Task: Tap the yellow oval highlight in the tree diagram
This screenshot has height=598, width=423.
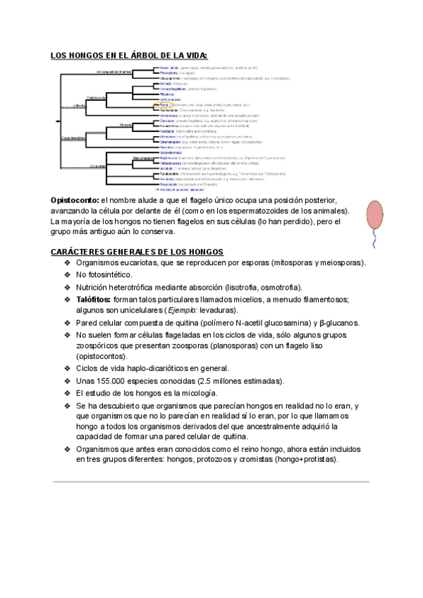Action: click(157, 104)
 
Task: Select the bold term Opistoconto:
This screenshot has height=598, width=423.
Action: click(75, 201)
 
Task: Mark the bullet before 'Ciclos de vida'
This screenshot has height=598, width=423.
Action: click(68, 368)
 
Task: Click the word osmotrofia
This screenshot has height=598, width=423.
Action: click(277, 287)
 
